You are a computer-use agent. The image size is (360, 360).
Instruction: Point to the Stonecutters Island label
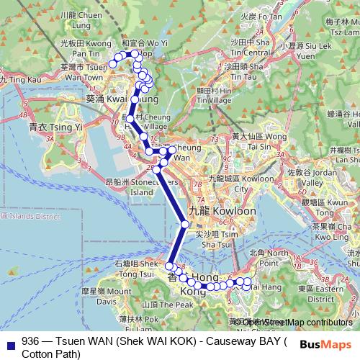point(133,187)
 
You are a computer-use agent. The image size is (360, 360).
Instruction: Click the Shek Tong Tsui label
point(135,269)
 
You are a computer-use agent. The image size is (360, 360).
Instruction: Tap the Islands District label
point(32,215)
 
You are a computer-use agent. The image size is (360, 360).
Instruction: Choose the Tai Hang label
point(253,287)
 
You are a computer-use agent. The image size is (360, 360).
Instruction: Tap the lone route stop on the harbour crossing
point(185,225)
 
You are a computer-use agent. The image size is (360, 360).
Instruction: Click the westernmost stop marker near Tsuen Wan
point(112,66)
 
